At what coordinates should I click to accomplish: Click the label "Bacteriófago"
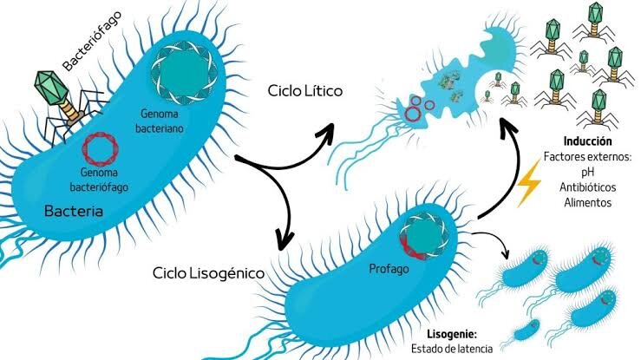pyautogui.click(x=93, y=42)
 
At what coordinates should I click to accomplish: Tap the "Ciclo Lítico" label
pyautogui.click(x=305, y=91)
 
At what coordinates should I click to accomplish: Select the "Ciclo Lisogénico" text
pyautogui.click(x=208, y=273)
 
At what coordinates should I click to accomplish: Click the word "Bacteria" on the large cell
pyautogui.click(x=74, y=212)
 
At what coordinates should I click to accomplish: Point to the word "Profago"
pyautogui.click(x=389, y=269)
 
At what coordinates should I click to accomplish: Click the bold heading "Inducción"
pyautogui.click(x=588, y=141)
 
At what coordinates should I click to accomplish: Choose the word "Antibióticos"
pyautogui.click(x=588, y=187)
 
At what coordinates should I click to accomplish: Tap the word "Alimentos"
pyautogui.click(x=588, y=202)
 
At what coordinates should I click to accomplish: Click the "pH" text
pyautogui.click(x=588, y=172)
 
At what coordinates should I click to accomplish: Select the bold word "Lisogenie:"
pyautogui.click(x=452, y=334)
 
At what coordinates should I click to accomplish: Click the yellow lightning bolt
pyautogui.click(x=529, y=183)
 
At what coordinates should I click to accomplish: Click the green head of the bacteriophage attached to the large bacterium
pyautogui.click(x=50, y=88)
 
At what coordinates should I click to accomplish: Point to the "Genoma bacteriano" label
pyautogui.click(x=160, y=121)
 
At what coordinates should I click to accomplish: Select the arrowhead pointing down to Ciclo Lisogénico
pyautogui.click(x=285, y=240)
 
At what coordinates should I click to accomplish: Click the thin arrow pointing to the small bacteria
pyautogui.click(x=494, y=239)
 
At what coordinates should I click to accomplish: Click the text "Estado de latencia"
pyautogui.click(x=452, y=349)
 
